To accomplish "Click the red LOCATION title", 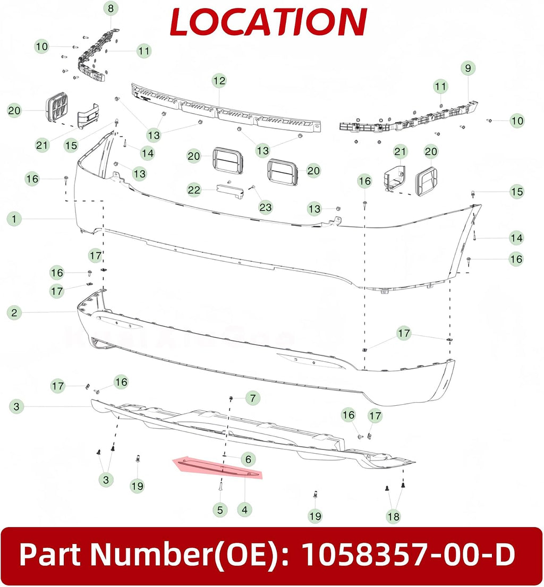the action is (x=268, y=22).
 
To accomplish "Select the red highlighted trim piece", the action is (x=217, y=469).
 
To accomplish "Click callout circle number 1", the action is (x=14, y=219).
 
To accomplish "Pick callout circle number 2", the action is (x=14, y=312).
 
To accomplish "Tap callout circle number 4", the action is (x=244, y=509).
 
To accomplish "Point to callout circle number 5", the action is (x=220, y=509).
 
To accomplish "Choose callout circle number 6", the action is (x=248, y=459).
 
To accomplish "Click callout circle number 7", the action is (x=253, y=398).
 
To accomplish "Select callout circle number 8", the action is (x=111, y=8).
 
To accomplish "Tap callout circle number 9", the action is (x=468, y=68).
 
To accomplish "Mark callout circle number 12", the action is (x=219, y=81).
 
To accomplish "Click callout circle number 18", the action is (x=393, y=517).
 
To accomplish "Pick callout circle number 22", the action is (x=194, y=190).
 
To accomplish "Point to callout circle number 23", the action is (x=266, y=207).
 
